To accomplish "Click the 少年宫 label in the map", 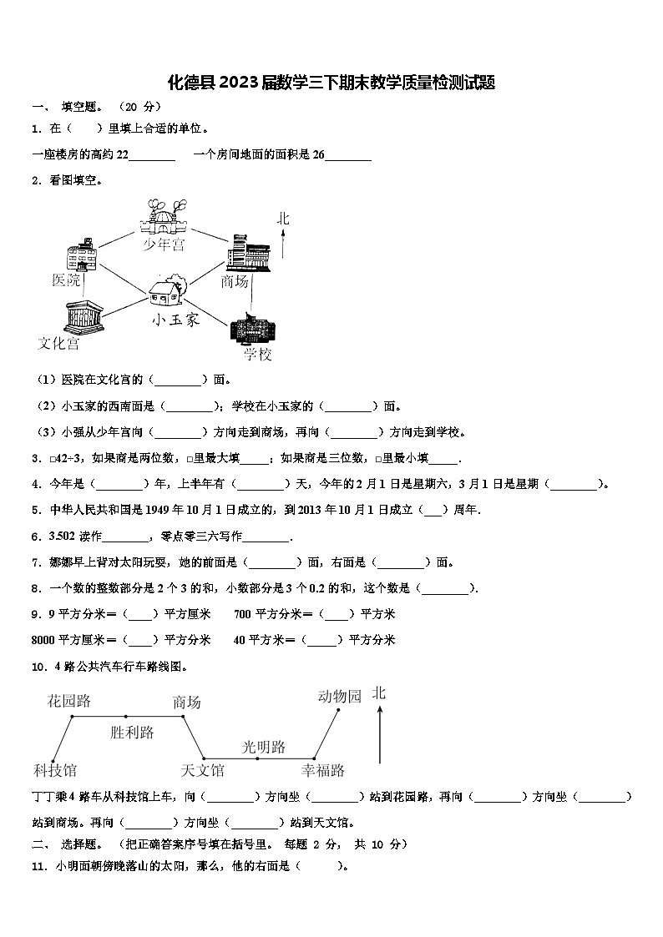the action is pos(164,244).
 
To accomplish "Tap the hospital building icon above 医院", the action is pos(82,255).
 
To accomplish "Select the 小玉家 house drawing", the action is pos(170,293).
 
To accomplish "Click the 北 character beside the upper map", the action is pos(284,219).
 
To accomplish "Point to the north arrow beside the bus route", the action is pos(380,733).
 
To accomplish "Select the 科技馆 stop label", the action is pos(54,769).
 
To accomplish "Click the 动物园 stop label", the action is pos(339,696).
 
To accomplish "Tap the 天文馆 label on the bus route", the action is pos(202,769).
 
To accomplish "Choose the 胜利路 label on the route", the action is pos(132,733).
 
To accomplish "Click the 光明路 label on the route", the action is pos(264,746).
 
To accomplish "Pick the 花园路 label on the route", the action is pos(68,701).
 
